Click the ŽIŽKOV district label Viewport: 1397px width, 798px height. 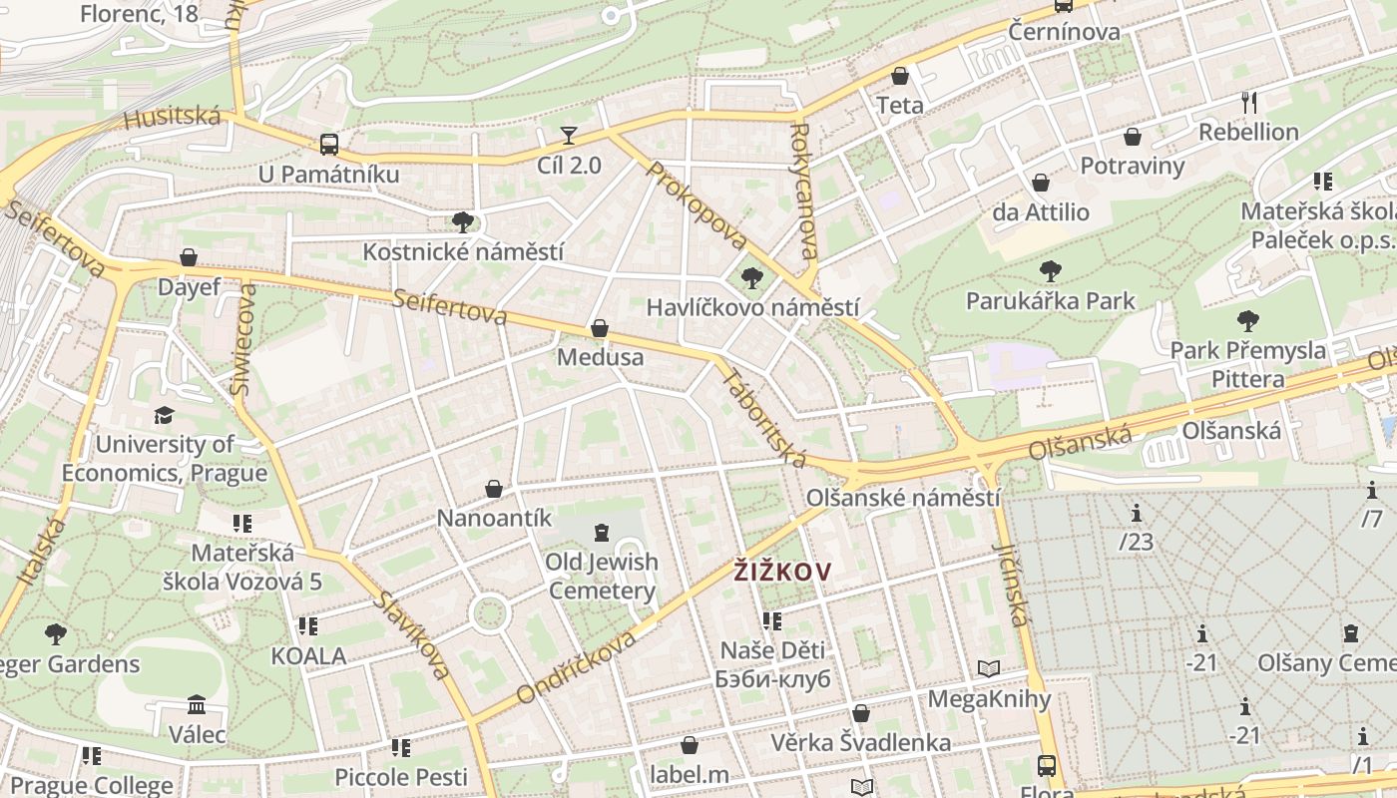(x=782, y=571)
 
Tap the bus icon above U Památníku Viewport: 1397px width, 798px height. (x=329, y=144)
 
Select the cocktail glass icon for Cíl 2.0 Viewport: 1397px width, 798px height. (x=569, y=135)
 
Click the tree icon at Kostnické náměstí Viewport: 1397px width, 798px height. (x=462, y=221)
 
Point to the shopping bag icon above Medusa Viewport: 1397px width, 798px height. (x=600, y=327)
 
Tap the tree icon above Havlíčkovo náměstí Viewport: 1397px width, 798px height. (x=752, y=278)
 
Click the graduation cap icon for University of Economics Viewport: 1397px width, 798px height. (x=164, y=415)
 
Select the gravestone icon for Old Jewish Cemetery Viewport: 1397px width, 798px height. (x=601, y=533)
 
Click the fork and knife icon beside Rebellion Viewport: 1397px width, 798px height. (x=1248, y=101)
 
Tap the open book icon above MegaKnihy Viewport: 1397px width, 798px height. (x=989, y=668)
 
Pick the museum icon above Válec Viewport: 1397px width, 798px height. (x=197, y=705)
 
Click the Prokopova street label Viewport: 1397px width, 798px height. (x=697, y=206)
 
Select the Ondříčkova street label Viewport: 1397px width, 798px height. (x=576, y=666)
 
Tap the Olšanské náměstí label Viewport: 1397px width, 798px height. (x=902, y=497)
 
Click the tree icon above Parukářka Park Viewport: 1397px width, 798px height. (x=1050, y=270)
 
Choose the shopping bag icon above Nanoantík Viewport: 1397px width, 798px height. (x=494, y=488)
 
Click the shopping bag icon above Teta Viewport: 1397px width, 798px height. (x=900, y=76)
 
